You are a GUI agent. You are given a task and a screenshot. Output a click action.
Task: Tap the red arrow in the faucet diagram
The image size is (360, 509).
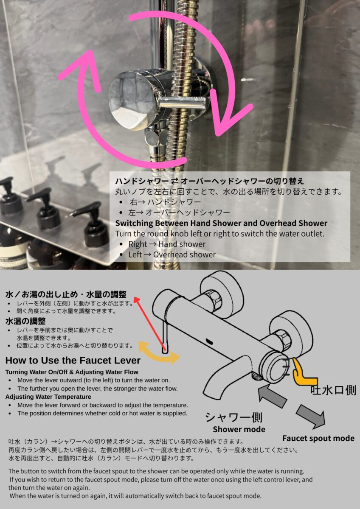[150, 323]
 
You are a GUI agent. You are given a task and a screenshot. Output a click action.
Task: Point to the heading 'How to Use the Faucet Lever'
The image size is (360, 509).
[73, 361]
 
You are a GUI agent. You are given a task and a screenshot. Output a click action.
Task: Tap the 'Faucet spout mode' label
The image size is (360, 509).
[318, 438]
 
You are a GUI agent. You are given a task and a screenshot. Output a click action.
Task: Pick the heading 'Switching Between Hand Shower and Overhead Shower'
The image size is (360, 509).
[221, 223]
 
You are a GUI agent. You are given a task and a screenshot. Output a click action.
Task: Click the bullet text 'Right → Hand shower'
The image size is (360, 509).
[167, 244]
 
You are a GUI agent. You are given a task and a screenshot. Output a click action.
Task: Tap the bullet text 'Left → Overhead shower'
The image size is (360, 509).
[172, 255]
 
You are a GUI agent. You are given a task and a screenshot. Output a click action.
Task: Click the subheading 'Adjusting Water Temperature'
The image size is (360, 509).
[48, 397]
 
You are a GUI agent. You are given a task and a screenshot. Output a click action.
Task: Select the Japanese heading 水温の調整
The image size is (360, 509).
[25, 321]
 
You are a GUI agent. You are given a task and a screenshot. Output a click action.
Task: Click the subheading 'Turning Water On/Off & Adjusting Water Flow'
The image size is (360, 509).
[72, 372]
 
